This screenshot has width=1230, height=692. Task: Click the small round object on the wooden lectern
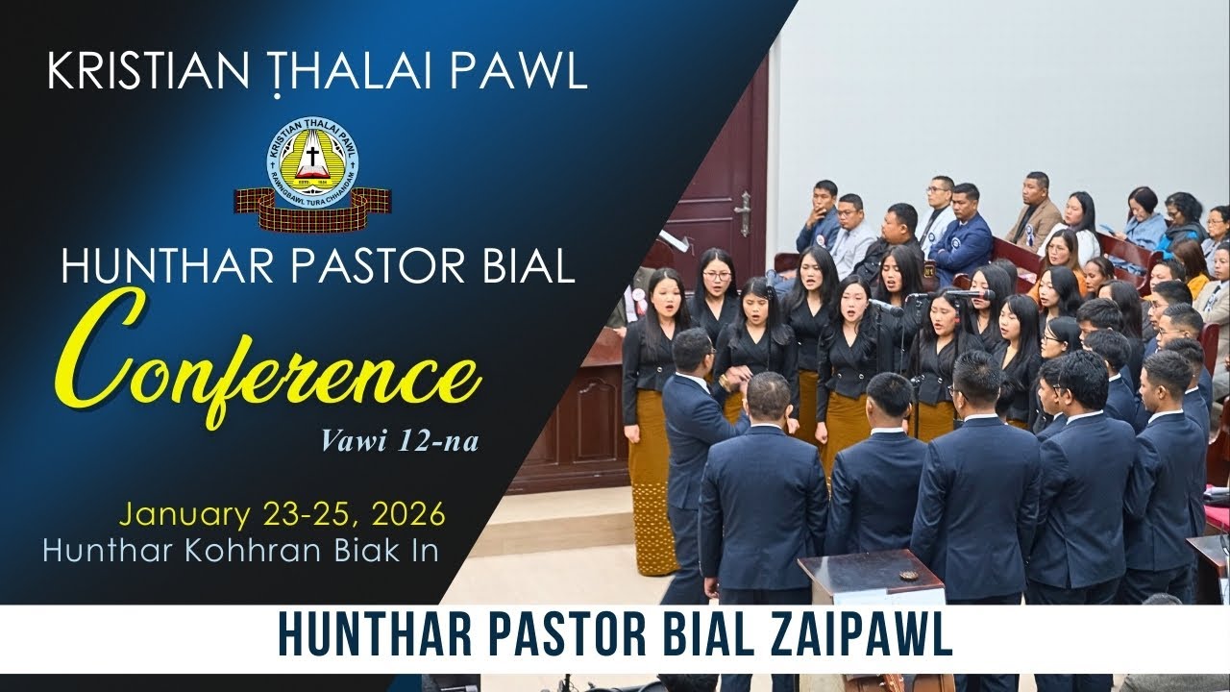(x=907, y=575)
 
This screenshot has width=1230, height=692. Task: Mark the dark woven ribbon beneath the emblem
(x=313, y=204)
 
